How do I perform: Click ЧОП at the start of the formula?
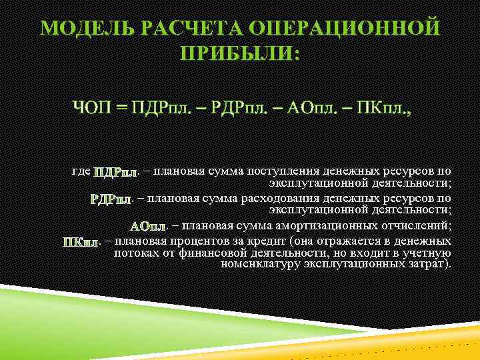tap(93, 107)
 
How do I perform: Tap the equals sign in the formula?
tap(121, 108)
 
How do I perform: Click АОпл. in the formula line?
tap(317, 107)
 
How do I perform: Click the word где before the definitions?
tap(81, 171)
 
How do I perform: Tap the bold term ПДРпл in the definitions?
tap(115, 173)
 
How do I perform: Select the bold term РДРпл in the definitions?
tap(111, 199)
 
